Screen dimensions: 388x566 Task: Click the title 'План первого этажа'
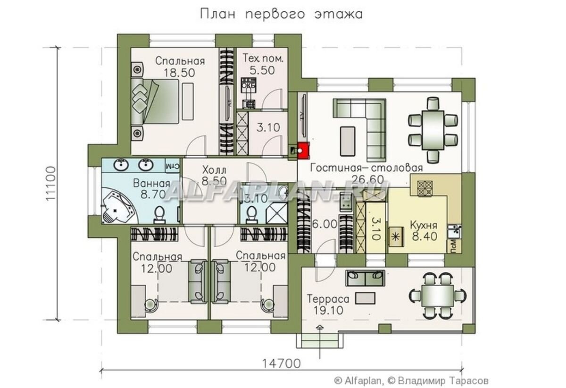point(282,14)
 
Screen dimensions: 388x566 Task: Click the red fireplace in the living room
point(302,150)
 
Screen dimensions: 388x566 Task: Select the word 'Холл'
point(214,169)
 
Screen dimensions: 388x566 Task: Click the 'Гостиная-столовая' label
point(366,168)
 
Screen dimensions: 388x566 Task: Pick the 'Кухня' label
point(423,225)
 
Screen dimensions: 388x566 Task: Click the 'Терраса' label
point(328,299)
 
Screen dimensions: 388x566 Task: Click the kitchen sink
point(455,231)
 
